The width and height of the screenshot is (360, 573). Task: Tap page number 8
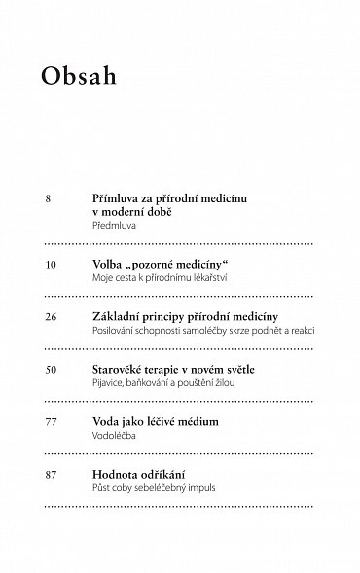coord(49,198)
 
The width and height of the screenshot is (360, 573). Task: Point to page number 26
coord(53,317)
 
